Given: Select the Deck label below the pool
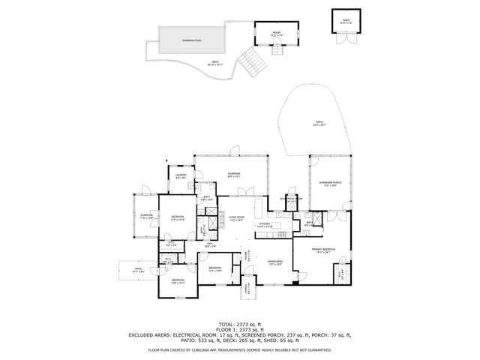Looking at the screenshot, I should tap(215, 64).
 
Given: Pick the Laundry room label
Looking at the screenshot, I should tap(181, 176).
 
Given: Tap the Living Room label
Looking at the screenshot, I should tap(237, 219).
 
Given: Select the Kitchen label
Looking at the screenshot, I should tap(264, 223).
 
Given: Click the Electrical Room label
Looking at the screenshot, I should tap(290, 199).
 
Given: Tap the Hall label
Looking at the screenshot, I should tap(211, 244).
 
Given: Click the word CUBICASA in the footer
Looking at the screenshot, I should tap(212, 349).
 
